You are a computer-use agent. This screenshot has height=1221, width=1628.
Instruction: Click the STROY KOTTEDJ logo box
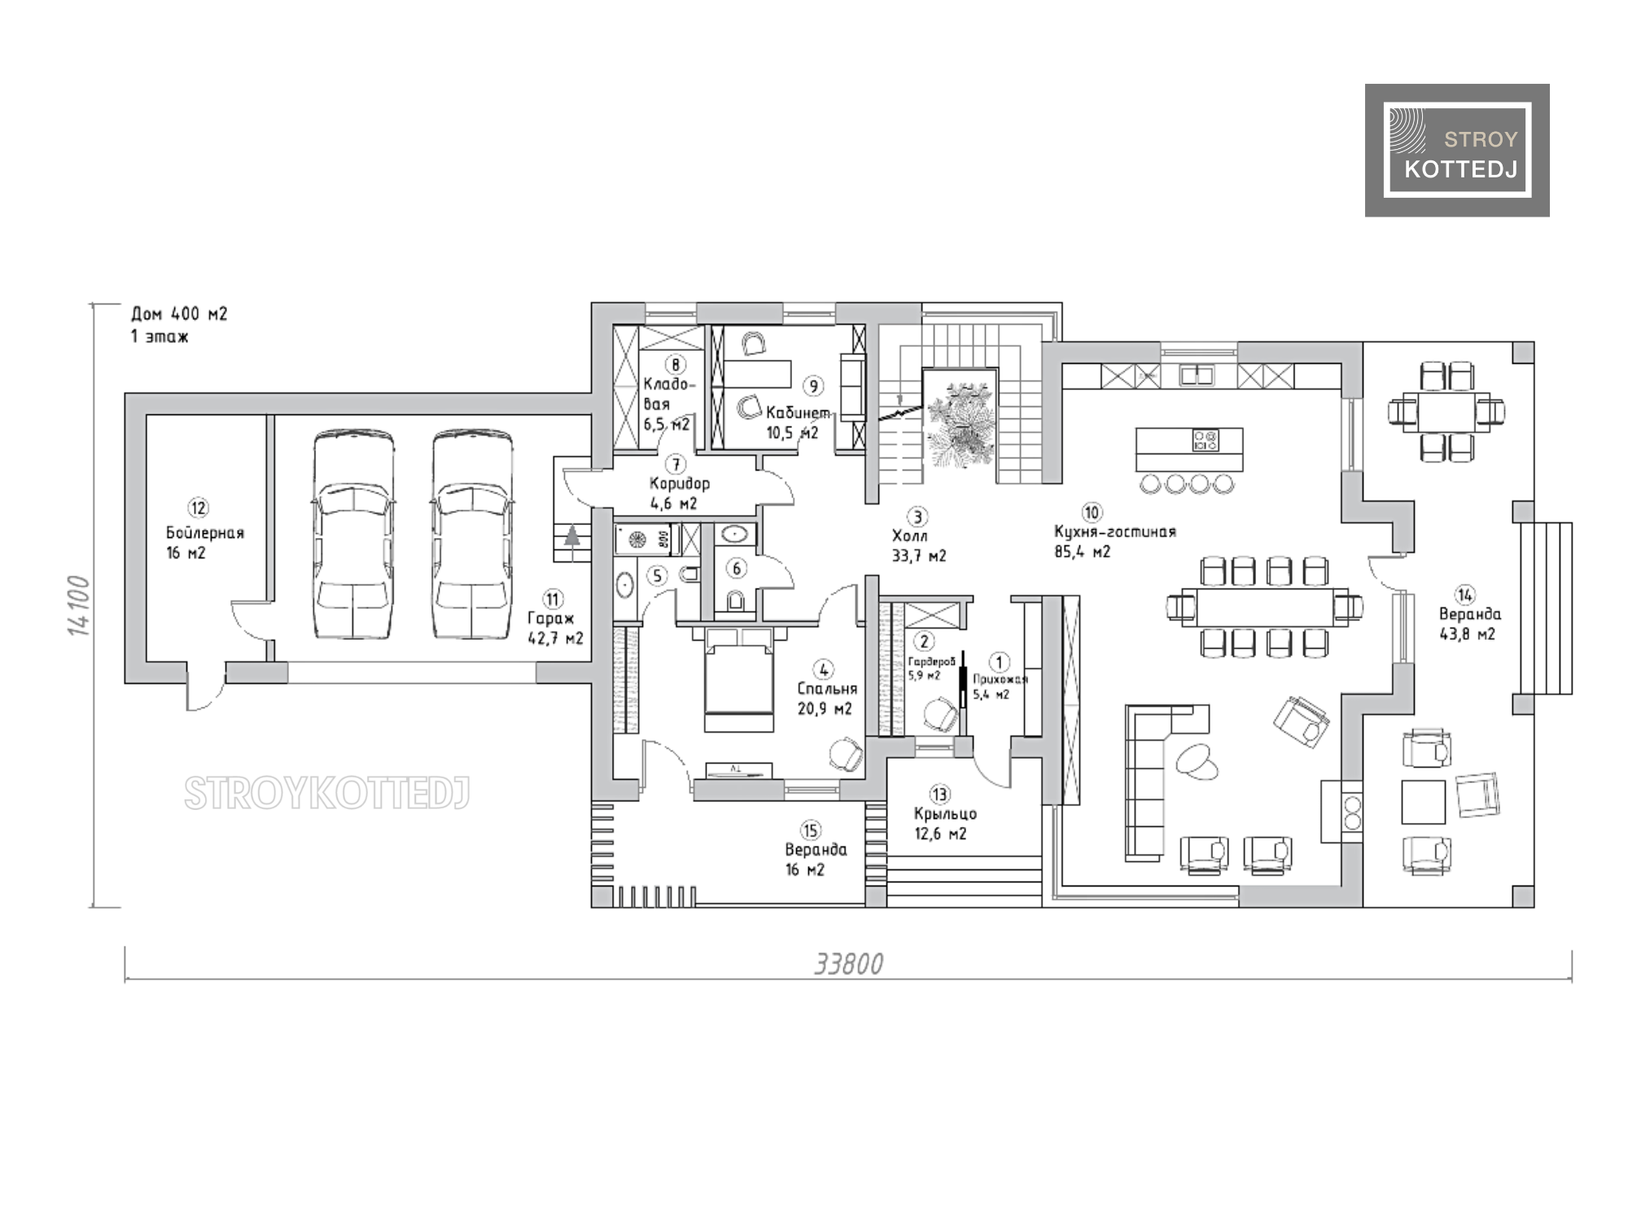click(1457, 150)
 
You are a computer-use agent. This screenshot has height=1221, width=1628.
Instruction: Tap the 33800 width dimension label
click(848, 964)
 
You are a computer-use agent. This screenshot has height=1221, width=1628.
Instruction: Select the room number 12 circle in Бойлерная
click(199, 508)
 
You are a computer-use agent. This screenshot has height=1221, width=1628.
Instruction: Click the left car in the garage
click(354, 534)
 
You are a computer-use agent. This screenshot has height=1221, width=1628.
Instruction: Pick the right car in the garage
click(472, 534)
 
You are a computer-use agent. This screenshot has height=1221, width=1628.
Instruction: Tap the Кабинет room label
click(798, 414)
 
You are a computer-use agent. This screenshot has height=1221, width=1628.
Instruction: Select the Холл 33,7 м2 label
click(919, 546)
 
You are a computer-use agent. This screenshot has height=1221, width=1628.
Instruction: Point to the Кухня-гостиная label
click(1114, 532)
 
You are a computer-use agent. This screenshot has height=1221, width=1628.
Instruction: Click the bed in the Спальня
click(738, 680)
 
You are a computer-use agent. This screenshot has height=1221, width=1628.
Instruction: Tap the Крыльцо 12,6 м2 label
click(944, 824)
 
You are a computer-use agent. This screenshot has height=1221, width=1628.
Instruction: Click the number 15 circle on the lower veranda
click(810, 830)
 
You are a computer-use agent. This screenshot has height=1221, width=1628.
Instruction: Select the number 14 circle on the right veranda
click(1465, 595)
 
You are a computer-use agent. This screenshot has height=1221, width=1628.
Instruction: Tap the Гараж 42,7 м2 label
click(555, 628)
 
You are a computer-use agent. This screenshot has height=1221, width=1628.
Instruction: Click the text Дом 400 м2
click(179, 314)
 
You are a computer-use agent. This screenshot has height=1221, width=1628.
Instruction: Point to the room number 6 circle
click(737, 568)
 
